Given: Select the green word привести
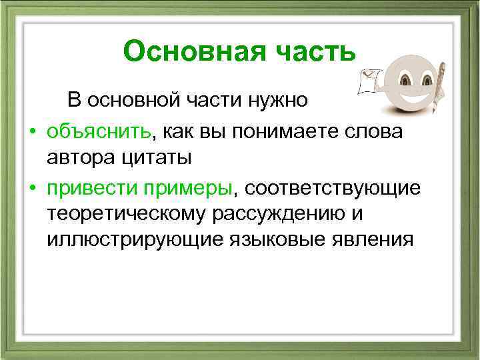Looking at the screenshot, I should (x=91, y=188).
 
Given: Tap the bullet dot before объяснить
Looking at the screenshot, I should (x=31, y=132).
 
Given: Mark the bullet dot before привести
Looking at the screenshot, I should (x=31, y=189).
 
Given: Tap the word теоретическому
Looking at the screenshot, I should (x=126, y=213).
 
